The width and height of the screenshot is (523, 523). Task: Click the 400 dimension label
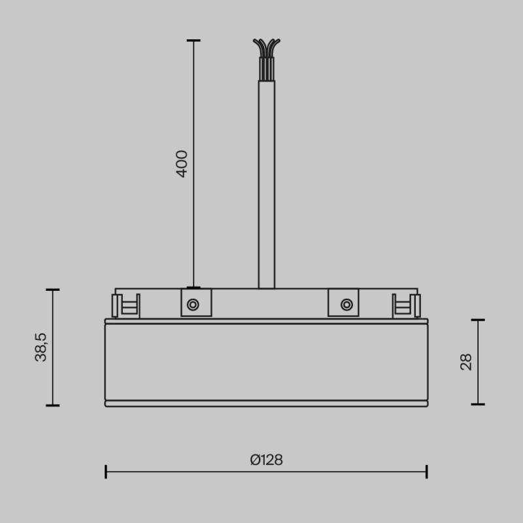point(182,163)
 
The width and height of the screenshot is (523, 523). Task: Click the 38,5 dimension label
point(41,347)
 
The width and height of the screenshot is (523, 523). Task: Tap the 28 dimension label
point(466,362)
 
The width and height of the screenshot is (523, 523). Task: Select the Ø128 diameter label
point(266,460)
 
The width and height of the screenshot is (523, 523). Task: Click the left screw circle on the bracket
point(193,304)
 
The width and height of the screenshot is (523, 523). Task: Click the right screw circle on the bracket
point(346,304)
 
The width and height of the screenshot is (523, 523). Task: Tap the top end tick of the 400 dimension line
point(194,41)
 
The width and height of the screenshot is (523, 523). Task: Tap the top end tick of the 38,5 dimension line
point(53,290)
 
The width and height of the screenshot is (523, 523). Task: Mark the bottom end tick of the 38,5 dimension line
point(53,405)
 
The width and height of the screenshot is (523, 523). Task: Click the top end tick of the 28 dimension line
point(478,320)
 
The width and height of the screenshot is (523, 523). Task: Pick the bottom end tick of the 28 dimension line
point(478,404)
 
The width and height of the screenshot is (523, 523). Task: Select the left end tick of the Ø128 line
point(106,471)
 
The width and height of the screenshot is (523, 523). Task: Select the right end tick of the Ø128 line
point(427,471)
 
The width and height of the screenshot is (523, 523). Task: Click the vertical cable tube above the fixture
point(266,183)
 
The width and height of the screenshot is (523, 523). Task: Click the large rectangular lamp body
point(266,362)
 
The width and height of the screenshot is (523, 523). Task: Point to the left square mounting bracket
point(196,303)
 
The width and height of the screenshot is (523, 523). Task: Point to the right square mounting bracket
point(344,303)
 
